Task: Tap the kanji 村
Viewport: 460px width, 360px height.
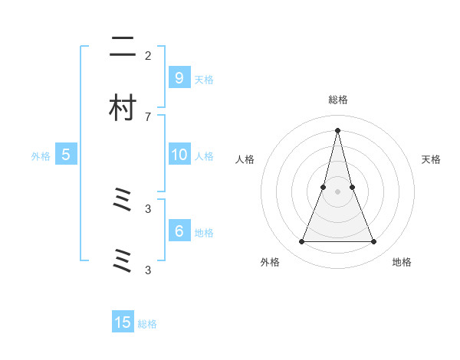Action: [123, 108]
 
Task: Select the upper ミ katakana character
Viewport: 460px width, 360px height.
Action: [123, 201]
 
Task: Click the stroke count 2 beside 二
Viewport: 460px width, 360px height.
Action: [148, 55]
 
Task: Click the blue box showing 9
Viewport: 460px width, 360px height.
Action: [179, 77]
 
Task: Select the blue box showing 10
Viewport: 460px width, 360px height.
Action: [179, 154]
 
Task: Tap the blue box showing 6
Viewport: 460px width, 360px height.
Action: [179, 231]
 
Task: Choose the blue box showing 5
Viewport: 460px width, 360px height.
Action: [66, 154]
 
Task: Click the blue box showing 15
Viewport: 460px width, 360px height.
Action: [123, 322]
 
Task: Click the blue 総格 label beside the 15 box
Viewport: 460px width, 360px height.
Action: [147, 324]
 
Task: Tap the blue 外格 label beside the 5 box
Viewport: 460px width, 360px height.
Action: [41, 155]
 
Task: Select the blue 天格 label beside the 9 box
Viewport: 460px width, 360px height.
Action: [204, 79]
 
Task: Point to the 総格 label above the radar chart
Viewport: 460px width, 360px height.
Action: [338, 100]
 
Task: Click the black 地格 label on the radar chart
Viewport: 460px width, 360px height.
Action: [402, 262]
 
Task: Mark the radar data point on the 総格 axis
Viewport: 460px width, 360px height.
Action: [338, 129]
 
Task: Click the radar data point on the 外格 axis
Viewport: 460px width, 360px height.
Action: [301, 242]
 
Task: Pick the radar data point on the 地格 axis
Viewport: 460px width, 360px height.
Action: [374, 242]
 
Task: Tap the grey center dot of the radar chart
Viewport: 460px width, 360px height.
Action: [338, 191]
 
